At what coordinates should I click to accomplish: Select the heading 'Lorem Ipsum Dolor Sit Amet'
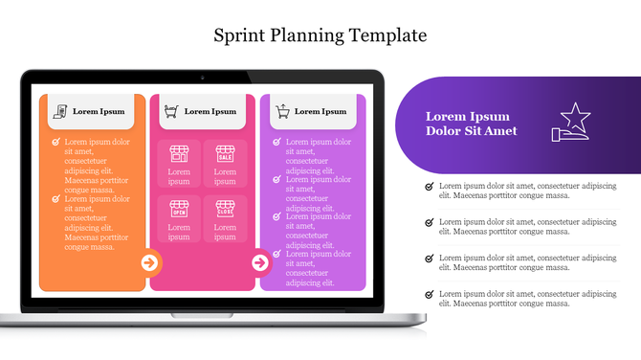[x=471, y=124]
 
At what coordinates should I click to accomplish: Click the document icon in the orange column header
[x=59, y=111]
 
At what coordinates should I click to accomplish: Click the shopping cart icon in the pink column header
[x=170, y=111]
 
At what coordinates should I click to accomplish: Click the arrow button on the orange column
[x=149, y=262]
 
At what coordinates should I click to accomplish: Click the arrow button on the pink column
[x=259, y=262]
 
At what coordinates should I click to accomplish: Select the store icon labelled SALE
[x=225, y=153]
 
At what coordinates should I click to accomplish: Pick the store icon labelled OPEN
[x=179, y=208]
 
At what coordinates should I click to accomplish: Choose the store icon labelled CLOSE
[x=225, y=208]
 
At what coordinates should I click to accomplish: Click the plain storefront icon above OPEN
[x=179, y=153]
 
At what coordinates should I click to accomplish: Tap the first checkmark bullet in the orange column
[x=56, y=142]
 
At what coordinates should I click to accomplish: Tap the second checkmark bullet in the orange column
[x=56, y=199]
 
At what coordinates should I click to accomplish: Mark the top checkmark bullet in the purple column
[x=276, y=142]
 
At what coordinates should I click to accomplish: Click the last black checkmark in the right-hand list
[x=429, y=294]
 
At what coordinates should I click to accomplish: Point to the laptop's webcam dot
[x=202, y=76]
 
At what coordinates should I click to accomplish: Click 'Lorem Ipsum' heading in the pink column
[x=210, y=111]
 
